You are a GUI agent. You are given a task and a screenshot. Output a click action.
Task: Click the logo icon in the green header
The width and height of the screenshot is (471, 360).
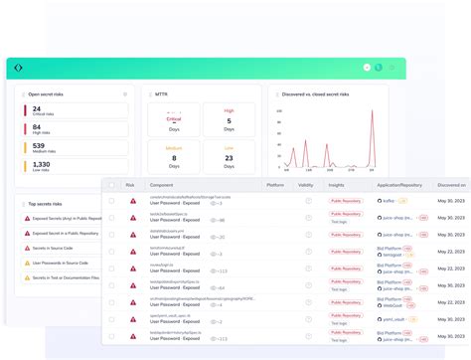18,68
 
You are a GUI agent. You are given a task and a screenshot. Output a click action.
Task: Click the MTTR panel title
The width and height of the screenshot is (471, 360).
161,94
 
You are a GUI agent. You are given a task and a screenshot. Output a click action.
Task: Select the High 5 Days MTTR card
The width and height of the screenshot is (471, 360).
229,120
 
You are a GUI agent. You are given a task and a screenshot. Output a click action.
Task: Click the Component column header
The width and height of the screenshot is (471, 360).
161,185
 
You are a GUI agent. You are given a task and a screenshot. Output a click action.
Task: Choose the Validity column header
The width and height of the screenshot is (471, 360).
306,185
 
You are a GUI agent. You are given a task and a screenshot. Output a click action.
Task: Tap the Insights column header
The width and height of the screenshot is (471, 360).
337,185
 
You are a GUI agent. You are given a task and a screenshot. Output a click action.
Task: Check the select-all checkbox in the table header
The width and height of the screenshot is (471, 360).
111,185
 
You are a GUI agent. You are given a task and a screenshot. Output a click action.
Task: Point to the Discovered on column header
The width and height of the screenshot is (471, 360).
451,185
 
